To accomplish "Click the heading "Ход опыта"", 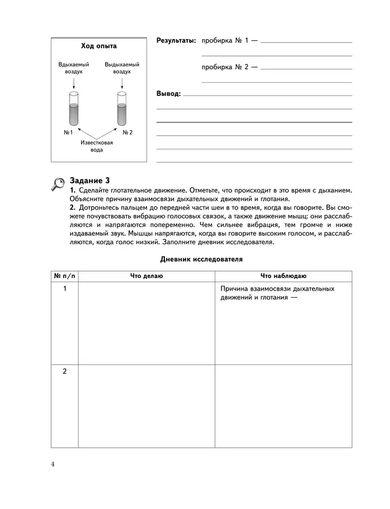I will pyautogui.click(x=99, y=46).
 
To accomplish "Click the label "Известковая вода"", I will pyautogui.click(x=97, y=146).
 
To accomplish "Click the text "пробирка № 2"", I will pyautogui.click(x=226, y=67).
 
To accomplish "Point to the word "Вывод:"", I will pyautogui.click(x=168, y=94).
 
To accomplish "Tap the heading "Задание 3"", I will pyautogui.click(x=89, y=179).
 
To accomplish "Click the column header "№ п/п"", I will pyautogui.click(x=65, y=276).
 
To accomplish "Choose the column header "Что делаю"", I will pyautogui.click(x=146, y=276).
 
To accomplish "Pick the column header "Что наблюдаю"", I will pyautogui.click(x=283, y=276).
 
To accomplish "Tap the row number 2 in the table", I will pyautogui.click(x=65, y=372).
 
